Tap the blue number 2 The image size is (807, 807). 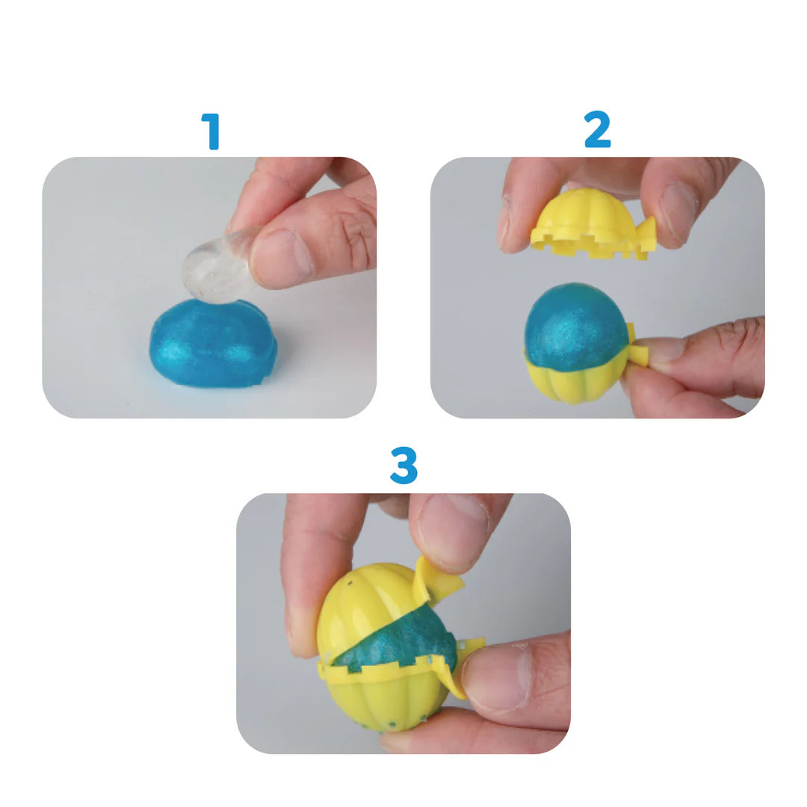pyautogui.click(x=597, y=132)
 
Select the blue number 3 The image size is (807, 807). pyautogui.click(x=403, y=466)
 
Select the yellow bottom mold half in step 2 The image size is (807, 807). pyautogui.click(x=575, y=381)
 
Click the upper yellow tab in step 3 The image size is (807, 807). pyautogui.click(x=437, y=579)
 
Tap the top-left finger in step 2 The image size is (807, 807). pyautogui.click(x=523, y=202)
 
